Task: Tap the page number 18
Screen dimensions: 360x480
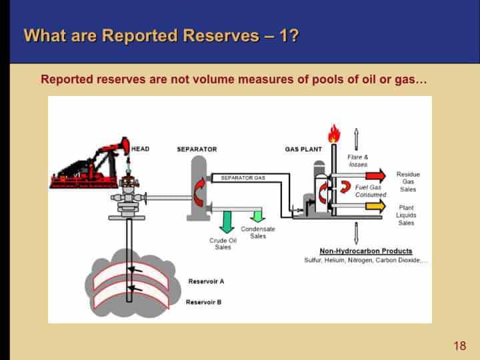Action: point(459,345)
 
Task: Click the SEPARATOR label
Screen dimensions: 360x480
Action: point(197,149)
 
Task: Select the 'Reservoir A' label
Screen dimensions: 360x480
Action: point(206,281)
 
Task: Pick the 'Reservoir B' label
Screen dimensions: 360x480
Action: point(204,302)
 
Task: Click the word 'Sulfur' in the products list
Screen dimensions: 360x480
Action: point(313,260)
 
